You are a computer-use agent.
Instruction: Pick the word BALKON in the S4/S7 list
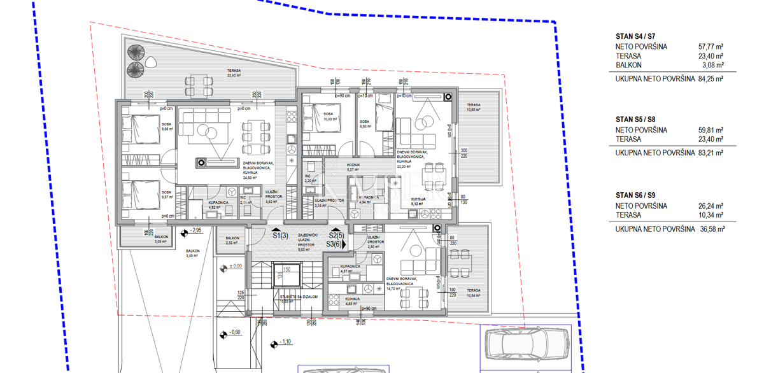[628, 65]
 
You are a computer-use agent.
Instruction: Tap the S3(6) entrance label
[335, 244]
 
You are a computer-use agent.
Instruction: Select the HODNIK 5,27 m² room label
[353, 167]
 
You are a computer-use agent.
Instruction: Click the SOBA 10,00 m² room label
[329, 117]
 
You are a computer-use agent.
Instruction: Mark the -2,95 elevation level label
[195, 230]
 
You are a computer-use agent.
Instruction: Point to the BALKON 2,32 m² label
[232, 241]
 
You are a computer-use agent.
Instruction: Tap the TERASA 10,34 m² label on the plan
[472, 292]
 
